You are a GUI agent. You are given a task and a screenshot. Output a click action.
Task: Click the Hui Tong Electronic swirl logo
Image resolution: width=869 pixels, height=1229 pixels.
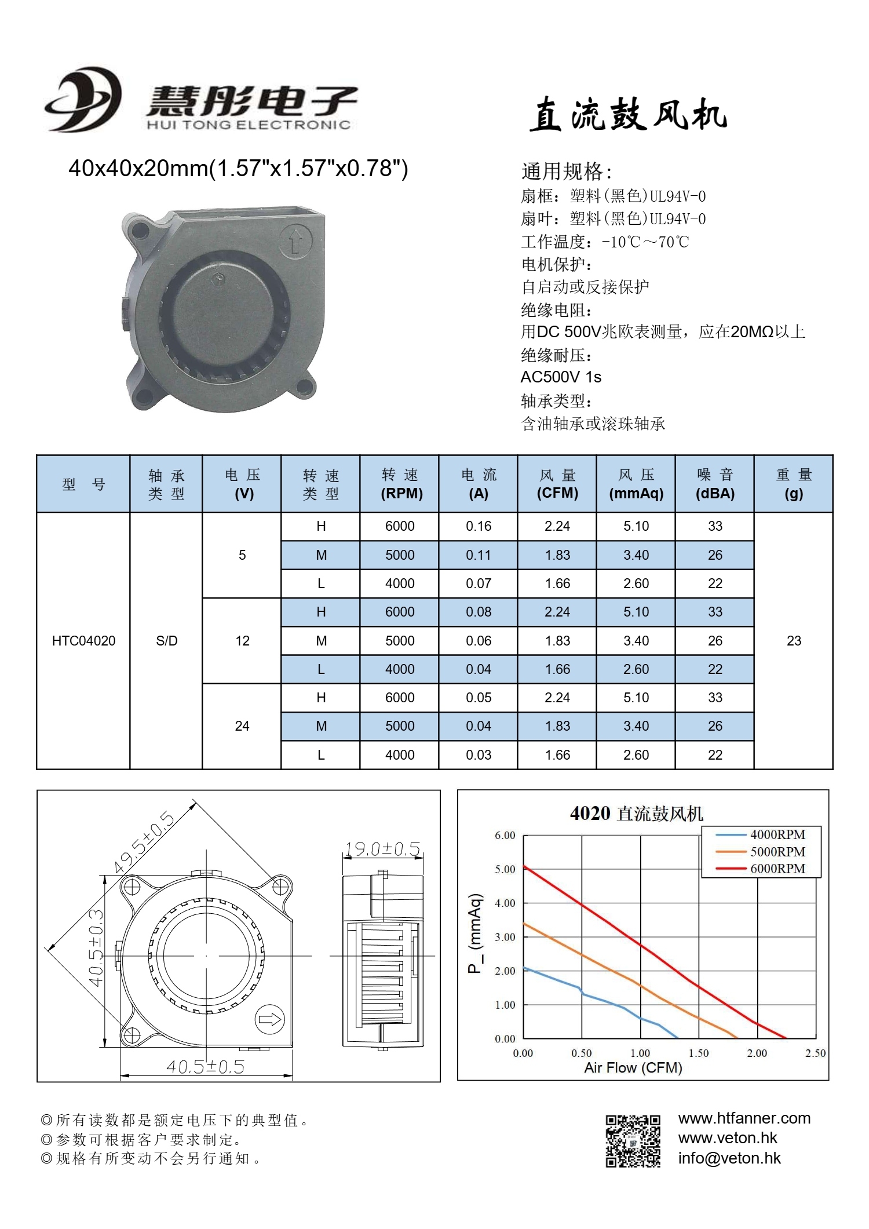point(83,100)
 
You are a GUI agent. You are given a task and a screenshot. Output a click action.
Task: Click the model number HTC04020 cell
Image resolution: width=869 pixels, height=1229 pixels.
point(83,641)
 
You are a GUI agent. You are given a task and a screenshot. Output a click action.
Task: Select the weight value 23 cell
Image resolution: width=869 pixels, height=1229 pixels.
point(794,641)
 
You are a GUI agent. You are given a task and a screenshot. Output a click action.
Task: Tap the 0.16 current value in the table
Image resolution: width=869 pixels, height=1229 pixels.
point(479,526)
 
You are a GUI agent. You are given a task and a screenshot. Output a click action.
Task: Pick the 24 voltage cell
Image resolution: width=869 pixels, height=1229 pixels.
point(242,726)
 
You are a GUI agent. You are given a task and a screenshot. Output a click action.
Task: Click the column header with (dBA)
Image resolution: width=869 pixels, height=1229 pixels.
point(715,484)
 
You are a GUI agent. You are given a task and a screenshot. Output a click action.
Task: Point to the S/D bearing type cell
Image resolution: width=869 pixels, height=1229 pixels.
point(166,641)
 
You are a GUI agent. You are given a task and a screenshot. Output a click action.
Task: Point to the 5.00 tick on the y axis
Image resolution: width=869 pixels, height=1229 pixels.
point(505,869)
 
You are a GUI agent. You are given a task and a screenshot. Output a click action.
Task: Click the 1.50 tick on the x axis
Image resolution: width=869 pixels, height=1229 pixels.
point(699,1053)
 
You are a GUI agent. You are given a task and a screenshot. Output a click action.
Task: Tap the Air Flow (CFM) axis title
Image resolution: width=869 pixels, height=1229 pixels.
point(633,1067)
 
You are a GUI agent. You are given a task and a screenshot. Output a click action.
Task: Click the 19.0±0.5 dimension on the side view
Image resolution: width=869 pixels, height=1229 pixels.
point(382,849)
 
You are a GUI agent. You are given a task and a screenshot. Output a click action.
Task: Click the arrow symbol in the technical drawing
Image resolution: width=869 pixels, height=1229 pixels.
point(269,1019)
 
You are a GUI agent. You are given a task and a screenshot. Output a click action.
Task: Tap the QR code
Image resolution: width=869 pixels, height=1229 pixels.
point(633,1141)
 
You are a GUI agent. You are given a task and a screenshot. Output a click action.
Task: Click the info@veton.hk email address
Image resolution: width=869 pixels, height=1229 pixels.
point(729,1158)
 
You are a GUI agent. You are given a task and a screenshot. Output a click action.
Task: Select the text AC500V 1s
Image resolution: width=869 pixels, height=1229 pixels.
point(561,377)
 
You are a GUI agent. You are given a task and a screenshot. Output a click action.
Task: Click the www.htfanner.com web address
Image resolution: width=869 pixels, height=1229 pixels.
point(744,1118)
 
